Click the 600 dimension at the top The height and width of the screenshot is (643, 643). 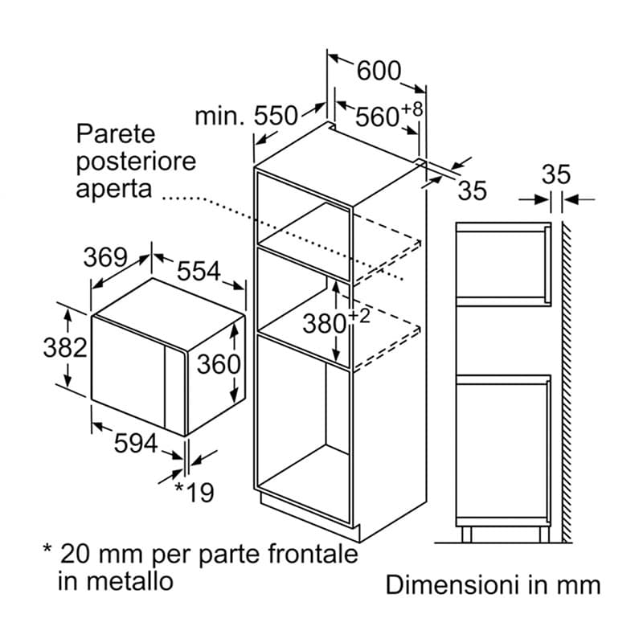click(379, 71)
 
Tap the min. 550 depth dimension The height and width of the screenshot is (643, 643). click(246, 116)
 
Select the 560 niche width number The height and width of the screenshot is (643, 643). click(377, 117)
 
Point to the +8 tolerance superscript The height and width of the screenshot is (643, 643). click(412, 109)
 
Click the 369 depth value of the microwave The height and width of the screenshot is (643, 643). click(105, 257)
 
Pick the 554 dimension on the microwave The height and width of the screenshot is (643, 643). click(199, 271)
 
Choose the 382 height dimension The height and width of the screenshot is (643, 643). click(65, 347)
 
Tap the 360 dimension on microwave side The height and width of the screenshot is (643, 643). click(219, 364)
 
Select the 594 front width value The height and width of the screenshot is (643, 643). click(136, 443)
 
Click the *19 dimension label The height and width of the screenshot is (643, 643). click(195, 493)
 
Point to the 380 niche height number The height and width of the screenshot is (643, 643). click(325, 324)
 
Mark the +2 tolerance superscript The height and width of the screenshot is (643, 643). click(359, 316)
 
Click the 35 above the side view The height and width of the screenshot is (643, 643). click(555, 174)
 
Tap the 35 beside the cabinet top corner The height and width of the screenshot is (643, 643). click(473, 190)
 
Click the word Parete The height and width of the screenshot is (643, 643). click(116, 133)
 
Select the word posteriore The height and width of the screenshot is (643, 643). click(136, 162)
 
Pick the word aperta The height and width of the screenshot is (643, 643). click(114, 189)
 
